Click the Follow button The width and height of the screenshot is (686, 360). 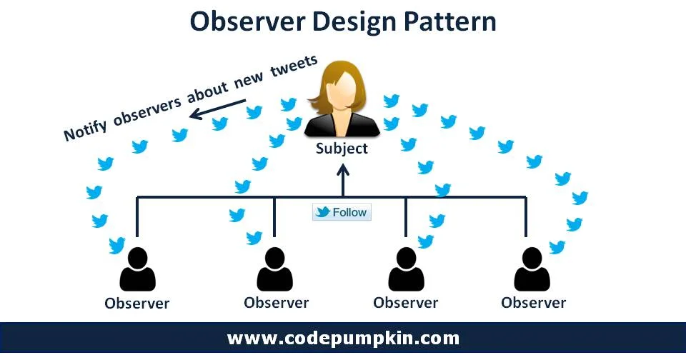342,212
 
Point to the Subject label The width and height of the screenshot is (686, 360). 342,149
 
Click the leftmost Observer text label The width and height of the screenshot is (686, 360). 137,303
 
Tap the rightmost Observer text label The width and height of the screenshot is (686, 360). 533,302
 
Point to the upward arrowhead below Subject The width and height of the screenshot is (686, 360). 342,172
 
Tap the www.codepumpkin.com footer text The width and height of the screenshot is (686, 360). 343,338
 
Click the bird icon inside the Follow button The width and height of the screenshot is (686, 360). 323,212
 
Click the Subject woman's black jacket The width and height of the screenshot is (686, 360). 342,127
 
